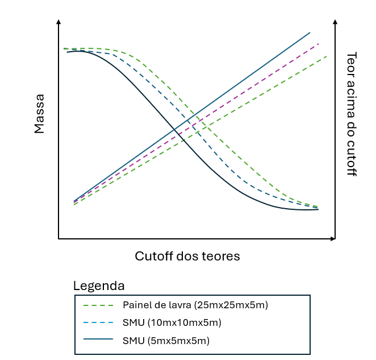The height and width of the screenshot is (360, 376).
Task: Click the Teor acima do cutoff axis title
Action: (352, 114)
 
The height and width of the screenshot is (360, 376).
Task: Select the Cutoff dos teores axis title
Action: (187, 256)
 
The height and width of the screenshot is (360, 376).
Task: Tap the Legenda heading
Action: (99, 285)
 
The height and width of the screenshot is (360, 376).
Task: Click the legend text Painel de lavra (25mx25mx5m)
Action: (195, 305)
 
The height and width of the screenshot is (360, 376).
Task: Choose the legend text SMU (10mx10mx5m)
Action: (172, 322)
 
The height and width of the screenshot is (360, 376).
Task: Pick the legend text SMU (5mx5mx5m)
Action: (166, 341)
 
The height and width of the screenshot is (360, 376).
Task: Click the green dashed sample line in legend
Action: (98, 305)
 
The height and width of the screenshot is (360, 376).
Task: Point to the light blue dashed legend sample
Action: (98, 323)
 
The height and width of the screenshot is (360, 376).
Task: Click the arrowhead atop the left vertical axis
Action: (59, 22)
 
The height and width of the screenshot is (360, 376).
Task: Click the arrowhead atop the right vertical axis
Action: (335, 22)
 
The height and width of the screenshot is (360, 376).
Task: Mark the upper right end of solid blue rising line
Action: (310, 32)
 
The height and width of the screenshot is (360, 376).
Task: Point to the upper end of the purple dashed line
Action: (319, 43)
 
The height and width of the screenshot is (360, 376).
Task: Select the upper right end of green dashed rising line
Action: (327, 56)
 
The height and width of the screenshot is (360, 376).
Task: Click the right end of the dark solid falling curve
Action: (318, 209)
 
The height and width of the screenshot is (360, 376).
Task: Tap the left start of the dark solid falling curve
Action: (67, 52)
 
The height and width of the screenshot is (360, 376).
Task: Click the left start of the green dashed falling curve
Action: (64, 48)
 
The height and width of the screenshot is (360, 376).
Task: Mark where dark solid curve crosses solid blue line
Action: (174, 129)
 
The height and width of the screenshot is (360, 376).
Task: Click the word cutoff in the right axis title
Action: (352, 160)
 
